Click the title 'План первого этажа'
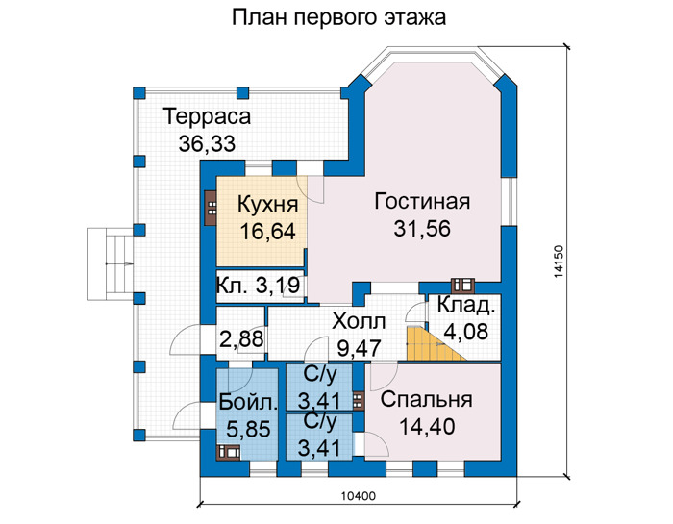pos(338,17)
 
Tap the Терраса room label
pos(207,116)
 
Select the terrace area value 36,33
pos(207,144)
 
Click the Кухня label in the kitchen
pos(267,204)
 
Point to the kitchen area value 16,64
pos(268,232)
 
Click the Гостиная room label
pos(422,201)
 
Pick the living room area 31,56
pos(422,229)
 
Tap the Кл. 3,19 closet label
pos(258,286)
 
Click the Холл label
pos(360,321)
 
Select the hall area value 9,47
pos(360,348)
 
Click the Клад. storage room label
pos(466,305)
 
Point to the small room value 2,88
pos(241,339)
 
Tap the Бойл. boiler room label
pos(248,403)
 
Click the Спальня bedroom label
pos(426,400)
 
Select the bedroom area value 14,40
pos(427,427)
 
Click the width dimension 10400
pos(359,496)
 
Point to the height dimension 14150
pos(558,262)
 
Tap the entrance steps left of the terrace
pos(111,264)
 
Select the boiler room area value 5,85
pos(248,429)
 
